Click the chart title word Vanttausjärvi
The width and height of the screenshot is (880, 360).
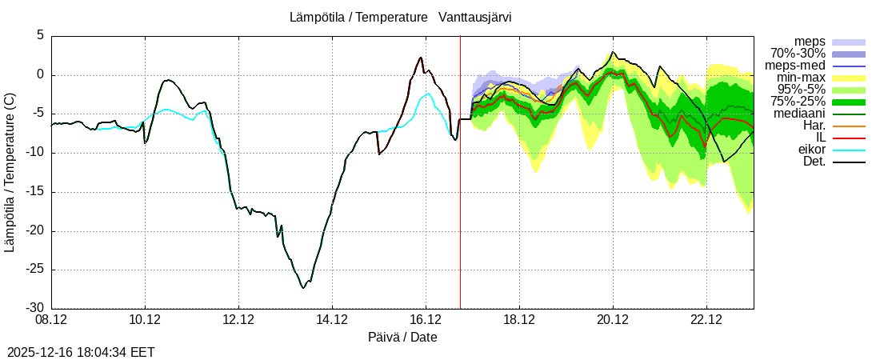[x=475, y=17]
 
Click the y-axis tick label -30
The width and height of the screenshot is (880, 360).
[x=34, y=308]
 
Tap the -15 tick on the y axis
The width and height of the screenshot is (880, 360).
[x=34, y=192]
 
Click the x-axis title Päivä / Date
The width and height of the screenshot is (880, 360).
[x=402, y=337]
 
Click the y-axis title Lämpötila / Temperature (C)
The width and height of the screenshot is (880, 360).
[x=10, y=172]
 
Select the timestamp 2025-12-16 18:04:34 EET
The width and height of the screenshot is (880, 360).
[x=81, y=352]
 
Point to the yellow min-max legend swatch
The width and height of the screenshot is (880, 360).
[x=849, y=78]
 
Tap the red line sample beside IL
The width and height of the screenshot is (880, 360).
[x=849, y=138]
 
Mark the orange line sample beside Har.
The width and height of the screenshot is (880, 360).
[x=849, y=126]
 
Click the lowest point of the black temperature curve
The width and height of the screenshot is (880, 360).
[x=302, y=287]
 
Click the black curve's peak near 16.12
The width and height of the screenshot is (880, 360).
[x=420, y=57]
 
